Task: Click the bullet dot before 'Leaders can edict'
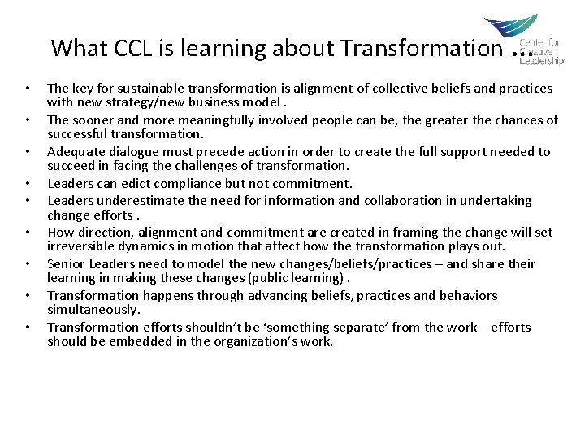28,184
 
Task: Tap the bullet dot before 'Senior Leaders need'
28,264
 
